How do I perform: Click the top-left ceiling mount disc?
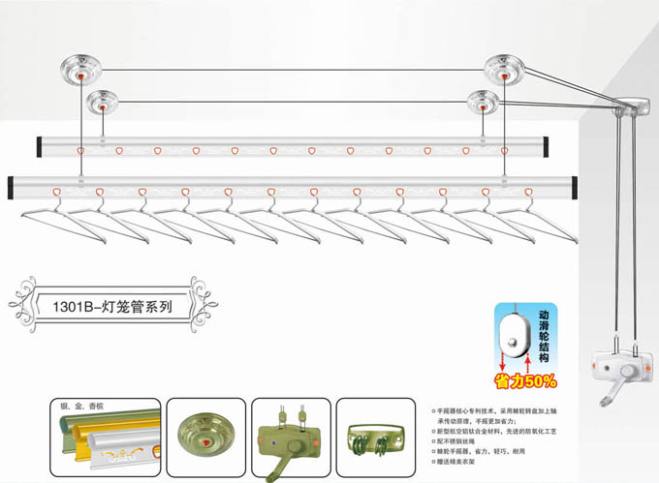[81, 68]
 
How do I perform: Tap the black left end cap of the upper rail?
[40, 148]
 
